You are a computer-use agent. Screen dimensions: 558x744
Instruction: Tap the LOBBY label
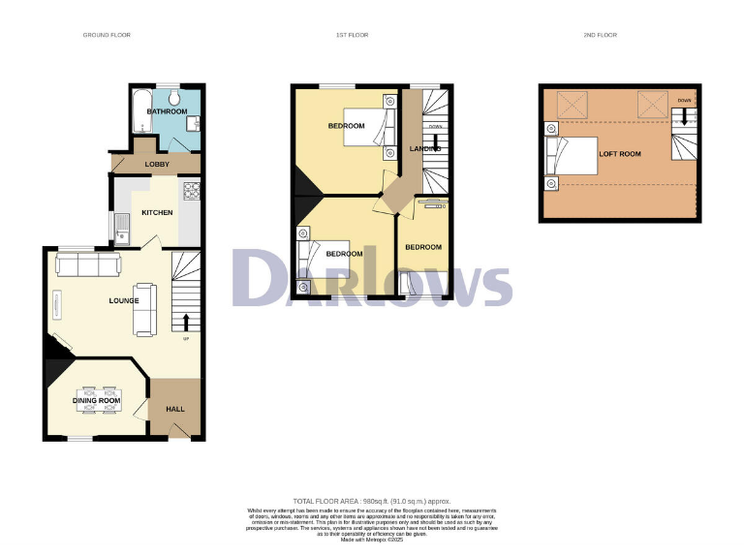coord(157,164)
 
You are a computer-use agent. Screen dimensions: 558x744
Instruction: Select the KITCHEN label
coord(158,212)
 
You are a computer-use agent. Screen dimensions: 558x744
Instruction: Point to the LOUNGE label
coord(124,300)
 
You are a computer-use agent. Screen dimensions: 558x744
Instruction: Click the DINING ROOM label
coord(97,400)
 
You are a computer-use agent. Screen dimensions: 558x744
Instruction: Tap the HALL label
coord(175,409)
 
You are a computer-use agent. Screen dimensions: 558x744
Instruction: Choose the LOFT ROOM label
coord(620,154)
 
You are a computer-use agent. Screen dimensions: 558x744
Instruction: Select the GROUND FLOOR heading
coord(108,35)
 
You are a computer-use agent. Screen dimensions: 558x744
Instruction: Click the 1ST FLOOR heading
coord(352,35)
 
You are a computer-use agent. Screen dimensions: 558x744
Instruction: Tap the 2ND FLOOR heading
coord(601,35)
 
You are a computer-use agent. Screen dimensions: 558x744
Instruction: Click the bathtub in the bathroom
coord(138,110)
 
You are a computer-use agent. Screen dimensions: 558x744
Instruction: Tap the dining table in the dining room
coord(97,401)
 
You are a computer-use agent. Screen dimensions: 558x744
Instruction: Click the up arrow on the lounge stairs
coord(185,321)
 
